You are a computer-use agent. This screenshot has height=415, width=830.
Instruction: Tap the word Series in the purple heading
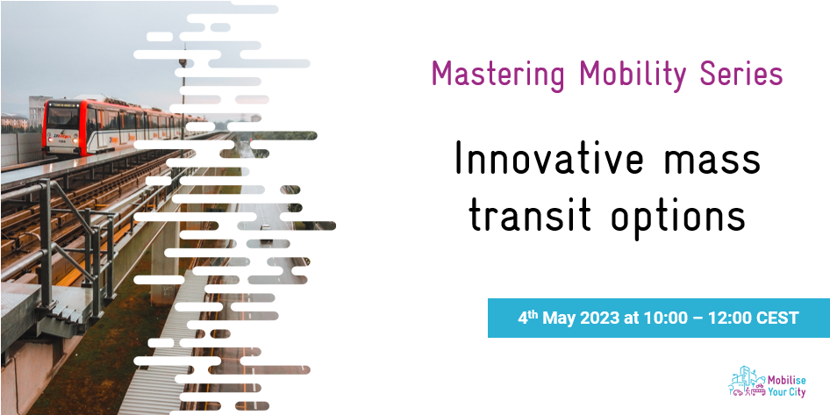click(x=741, y=74)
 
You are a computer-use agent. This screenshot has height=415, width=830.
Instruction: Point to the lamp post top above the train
click(x=182, y=63)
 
